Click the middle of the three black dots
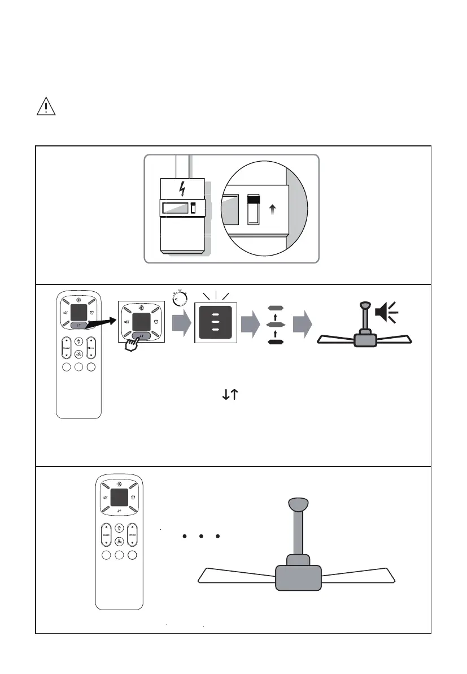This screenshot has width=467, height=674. (201, 535)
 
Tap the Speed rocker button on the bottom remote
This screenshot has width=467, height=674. (106, 534)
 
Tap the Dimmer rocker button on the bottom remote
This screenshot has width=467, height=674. (132, 534)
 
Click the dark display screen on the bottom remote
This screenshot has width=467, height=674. (119, 498)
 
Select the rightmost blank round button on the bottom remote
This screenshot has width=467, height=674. (132, 556)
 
